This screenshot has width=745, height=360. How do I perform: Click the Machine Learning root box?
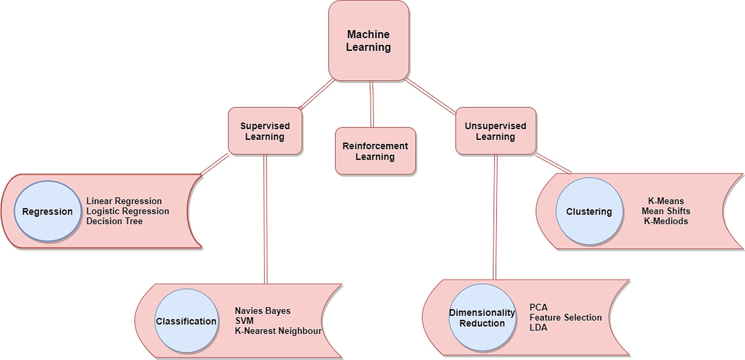click(x=368, y=40)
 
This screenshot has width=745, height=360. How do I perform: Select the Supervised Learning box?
click(x=265, y=131)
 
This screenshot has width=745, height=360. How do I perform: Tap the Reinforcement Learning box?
click(x=375, y=151)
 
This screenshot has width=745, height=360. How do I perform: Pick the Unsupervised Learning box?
click(x=495, y=131)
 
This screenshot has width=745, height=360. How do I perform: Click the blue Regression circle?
click(x=47, y=211)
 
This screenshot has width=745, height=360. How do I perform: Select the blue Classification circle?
click(x=186, y=321)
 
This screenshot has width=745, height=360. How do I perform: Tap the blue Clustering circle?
click(x=589, y=211)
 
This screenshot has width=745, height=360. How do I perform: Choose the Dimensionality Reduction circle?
click(x=482, y=318)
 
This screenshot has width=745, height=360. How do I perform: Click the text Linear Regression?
click(x=124, y=201)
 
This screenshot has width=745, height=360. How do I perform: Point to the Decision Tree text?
click(x=114, y=221)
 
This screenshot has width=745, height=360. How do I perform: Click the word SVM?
click(x=244, y=321)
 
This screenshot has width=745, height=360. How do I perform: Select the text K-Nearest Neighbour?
click(x=278, y=331)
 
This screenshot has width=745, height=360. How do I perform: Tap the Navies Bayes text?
click(x=262, y=311)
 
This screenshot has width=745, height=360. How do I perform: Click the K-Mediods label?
click(x=666, y=221)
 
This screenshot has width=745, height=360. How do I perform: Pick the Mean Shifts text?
click(x=666, y=211)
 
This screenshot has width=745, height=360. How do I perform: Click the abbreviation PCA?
click(x=538, y=307)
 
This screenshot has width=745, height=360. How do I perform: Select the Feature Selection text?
click(x=566, y=317)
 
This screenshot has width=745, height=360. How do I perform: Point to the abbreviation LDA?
click(x=538, y=328)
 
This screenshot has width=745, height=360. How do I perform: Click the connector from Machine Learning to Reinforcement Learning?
click(x=372, y=104)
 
